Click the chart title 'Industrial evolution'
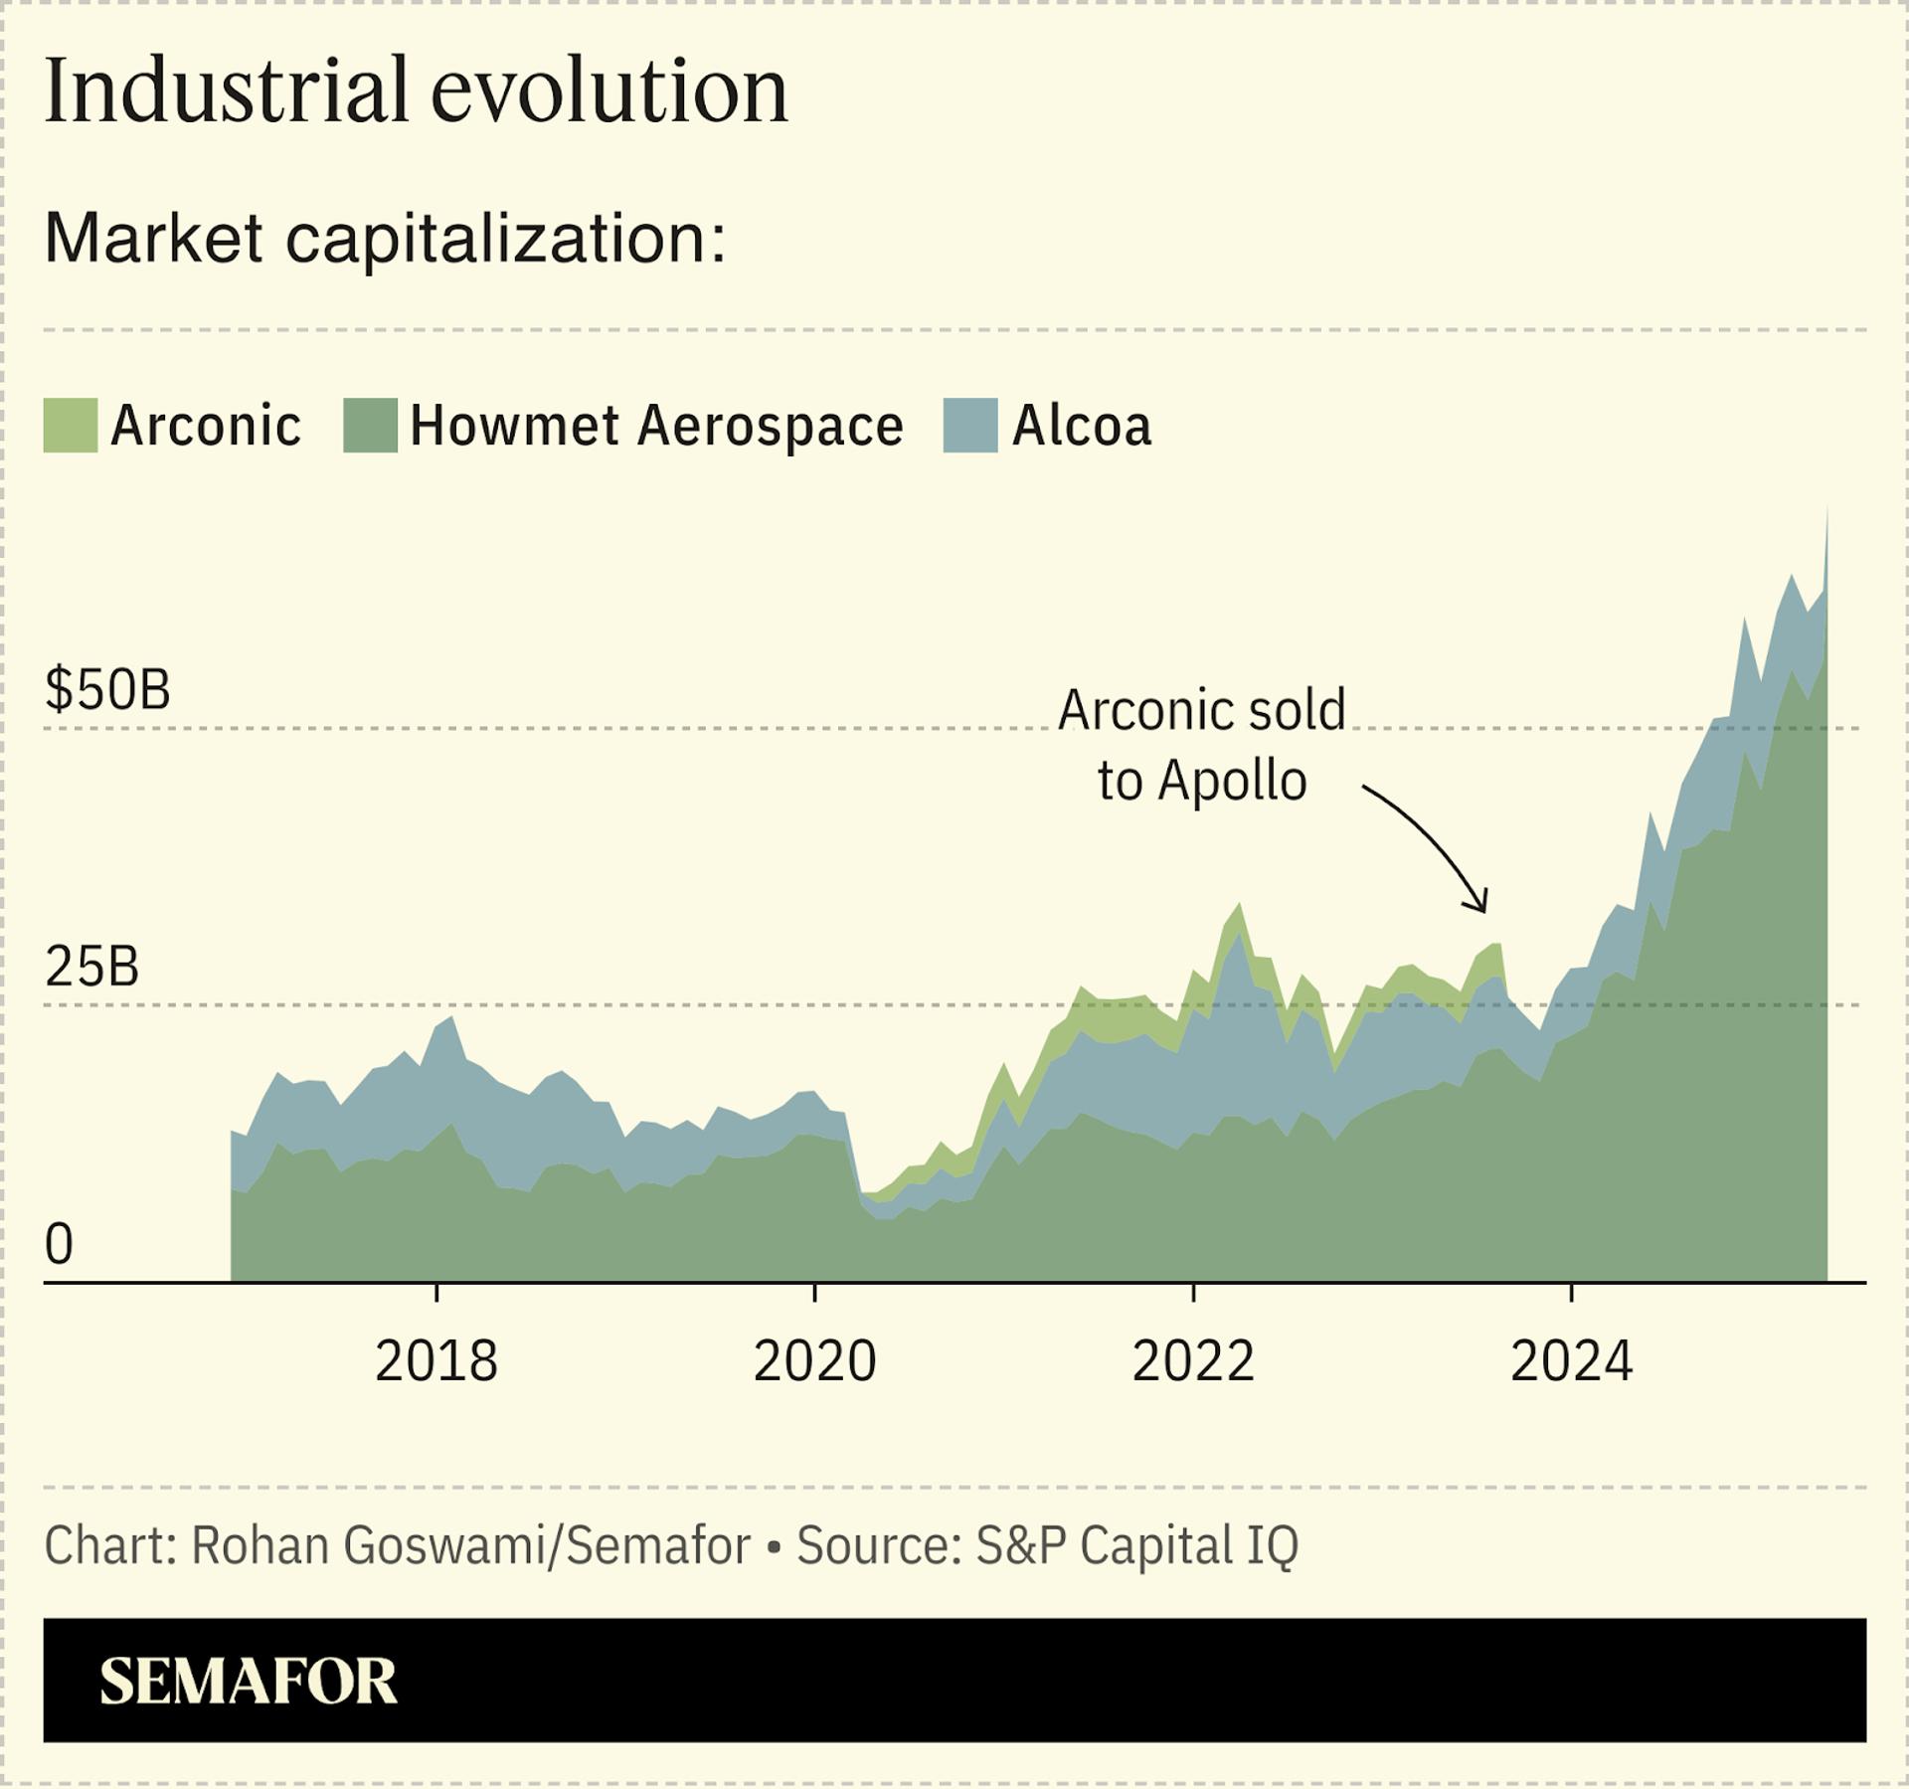pyautogui.click(x=416, y=91)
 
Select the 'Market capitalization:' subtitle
pyautogui.click(x=386, y=239)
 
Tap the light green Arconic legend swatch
pyautogui.click(x=71, y=426)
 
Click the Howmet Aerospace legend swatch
pyautogui.click(x=370, y=426)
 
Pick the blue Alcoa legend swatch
pyautogui.click(x=969, y=426)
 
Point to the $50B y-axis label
pyautogui.click(x=107, y=690)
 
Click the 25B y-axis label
pyautogui.click(x=91, y=967)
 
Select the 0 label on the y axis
pyautogui.click(x=60, y=1244)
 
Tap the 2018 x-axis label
pyautogui.click(x=435, y=1361)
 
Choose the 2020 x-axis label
pyautogui.click(x=814, y=1361)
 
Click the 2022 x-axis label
pyautogui.click(x=1193, y=1361)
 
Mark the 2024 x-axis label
pyautogui.click(x=1571, y=1361)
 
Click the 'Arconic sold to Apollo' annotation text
pyautogui.click(x=1201, y=745)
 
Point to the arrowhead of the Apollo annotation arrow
pyautogui.click(x=1482, y=908)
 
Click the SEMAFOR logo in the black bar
pyautogui.click(x=249, y=1682)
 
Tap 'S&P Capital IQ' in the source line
pyautogui.click(x=1136, y=1545)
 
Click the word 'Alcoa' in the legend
pyautogui.click(x=1082, y=426)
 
